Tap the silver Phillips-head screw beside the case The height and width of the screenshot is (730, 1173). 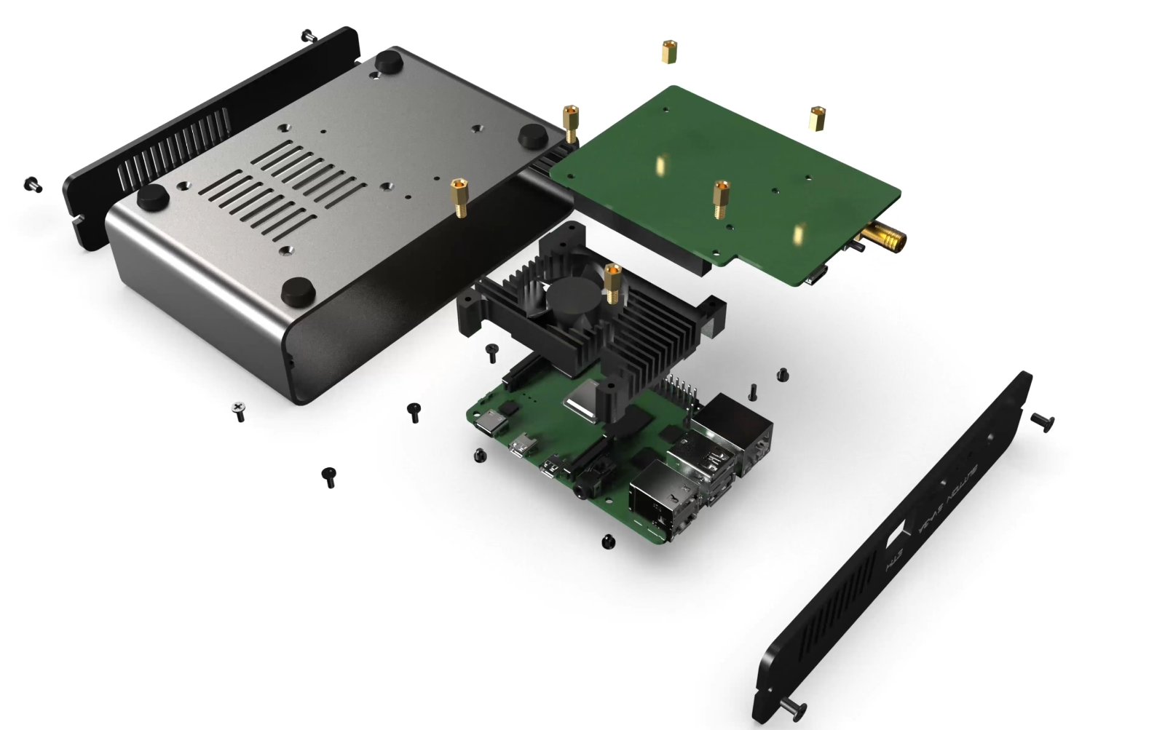point(238,411)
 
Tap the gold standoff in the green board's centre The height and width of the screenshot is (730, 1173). point(721,198)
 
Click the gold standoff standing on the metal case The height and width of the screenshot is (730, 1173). point(460,197)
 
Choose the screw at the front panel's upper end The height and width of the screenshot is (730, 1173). point(1043,420)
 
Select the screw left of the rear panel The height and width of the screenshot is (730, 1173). point(33,184)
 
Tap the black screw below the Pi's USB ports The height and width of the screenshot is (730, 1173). point(608,541)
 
